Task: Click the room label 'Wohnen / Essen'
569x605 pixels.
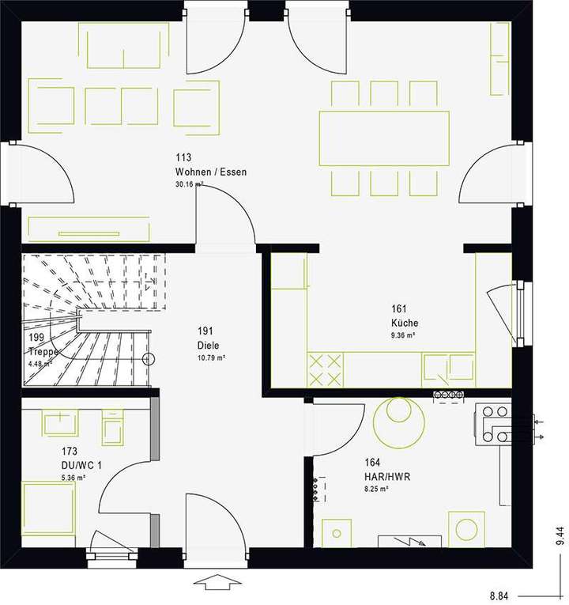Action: tap(210, 172)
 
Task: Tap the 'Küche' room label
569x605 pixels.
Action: tap(404, 323)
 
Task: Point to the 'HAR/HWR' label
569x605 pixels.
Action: tap(386, 477)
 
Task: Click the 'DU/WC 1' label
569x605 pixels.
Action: tap(81, 465)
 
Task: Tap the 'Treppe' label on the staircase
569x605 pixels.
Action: tap(44, 352)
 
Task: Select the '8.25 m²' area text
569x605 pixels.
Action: tap(376, 490)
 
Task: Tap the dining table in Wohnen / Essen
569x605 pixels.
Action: tap(383, 138)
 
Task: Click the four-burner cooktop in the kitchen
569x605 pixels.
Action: tap(326, 369)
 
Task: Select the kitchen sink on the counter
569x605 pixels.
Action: tap(448, 368)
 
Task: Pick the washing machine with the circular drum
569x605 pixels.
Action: tap(467, 528)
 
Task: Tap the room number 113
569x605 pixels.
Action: tap(183, 158)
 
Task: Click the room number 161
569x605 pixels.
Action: tap(398, 309)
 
